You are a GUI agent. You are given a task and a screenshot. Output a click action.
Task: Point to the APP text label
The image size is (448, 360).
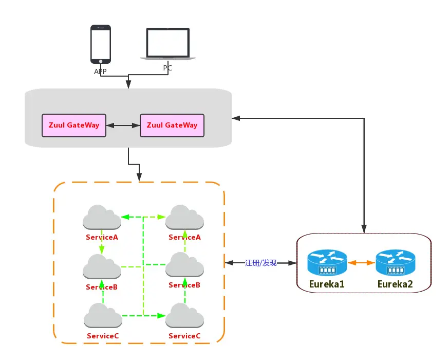click(x=100, y=71)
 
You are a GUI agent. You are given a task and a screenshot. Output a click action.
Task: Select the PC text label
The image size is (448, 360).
click(x=168, y=68)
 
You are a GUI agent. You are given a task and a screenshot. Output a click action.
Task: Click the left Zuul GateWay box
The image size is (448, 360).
click(x=74, y=125)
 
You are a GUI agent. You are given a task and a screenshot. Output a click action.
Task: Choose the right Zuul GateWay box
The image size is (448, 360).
click(x=172, y=125)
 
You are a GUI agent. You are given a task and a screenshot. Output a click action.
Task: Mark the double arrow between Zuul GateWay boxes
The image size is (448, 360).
click(x=123, y=125)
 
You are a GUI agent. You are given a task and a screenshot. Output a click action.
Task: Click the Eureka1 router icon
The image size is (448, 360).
click(x=327, y=262)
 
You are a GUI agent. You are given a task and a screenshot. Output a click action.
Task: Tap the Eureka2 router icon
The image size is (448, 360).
click(x=395, y=262)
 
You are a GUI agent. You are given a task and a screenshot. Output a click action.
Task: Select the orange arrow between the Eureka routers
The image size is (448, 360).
click(x=361, y=263)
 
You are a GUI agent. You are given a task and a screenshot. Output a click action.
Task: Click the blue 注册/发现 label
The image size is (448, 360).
click(x=261, y=263)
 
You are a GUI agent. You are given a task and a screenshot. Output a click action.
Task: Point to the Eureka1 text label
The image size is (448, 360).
click(x=327, y=284)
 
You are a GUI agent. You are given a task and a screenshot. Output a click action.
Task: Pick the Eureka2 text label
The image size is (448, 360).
click(x=395, y=284)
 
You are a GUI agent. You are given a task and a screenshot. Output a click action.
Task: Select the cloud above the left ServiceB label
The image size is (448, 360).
click(x=102, y=266)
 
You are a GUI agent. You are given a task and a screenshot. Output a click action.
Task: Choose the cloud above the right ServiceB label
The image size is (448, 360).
click(x=184, y=265)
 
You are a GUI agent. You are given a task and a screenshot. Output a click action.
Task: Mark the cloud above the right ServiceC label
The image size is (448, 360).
click(x=184, y=316)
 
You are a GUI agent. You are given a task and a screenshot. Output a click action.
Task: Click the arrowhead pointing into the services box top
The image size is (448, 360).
click(x=139, y=178)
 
